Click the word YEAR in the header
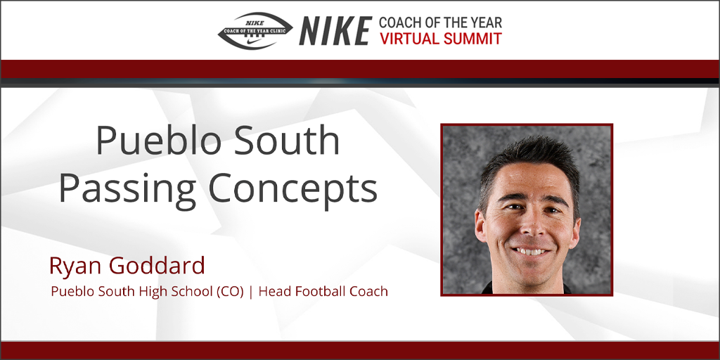[486, 22]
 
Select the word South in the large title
[295, 141]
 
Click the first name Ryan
[72, 266]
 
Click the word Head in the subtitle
[274, 291]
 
